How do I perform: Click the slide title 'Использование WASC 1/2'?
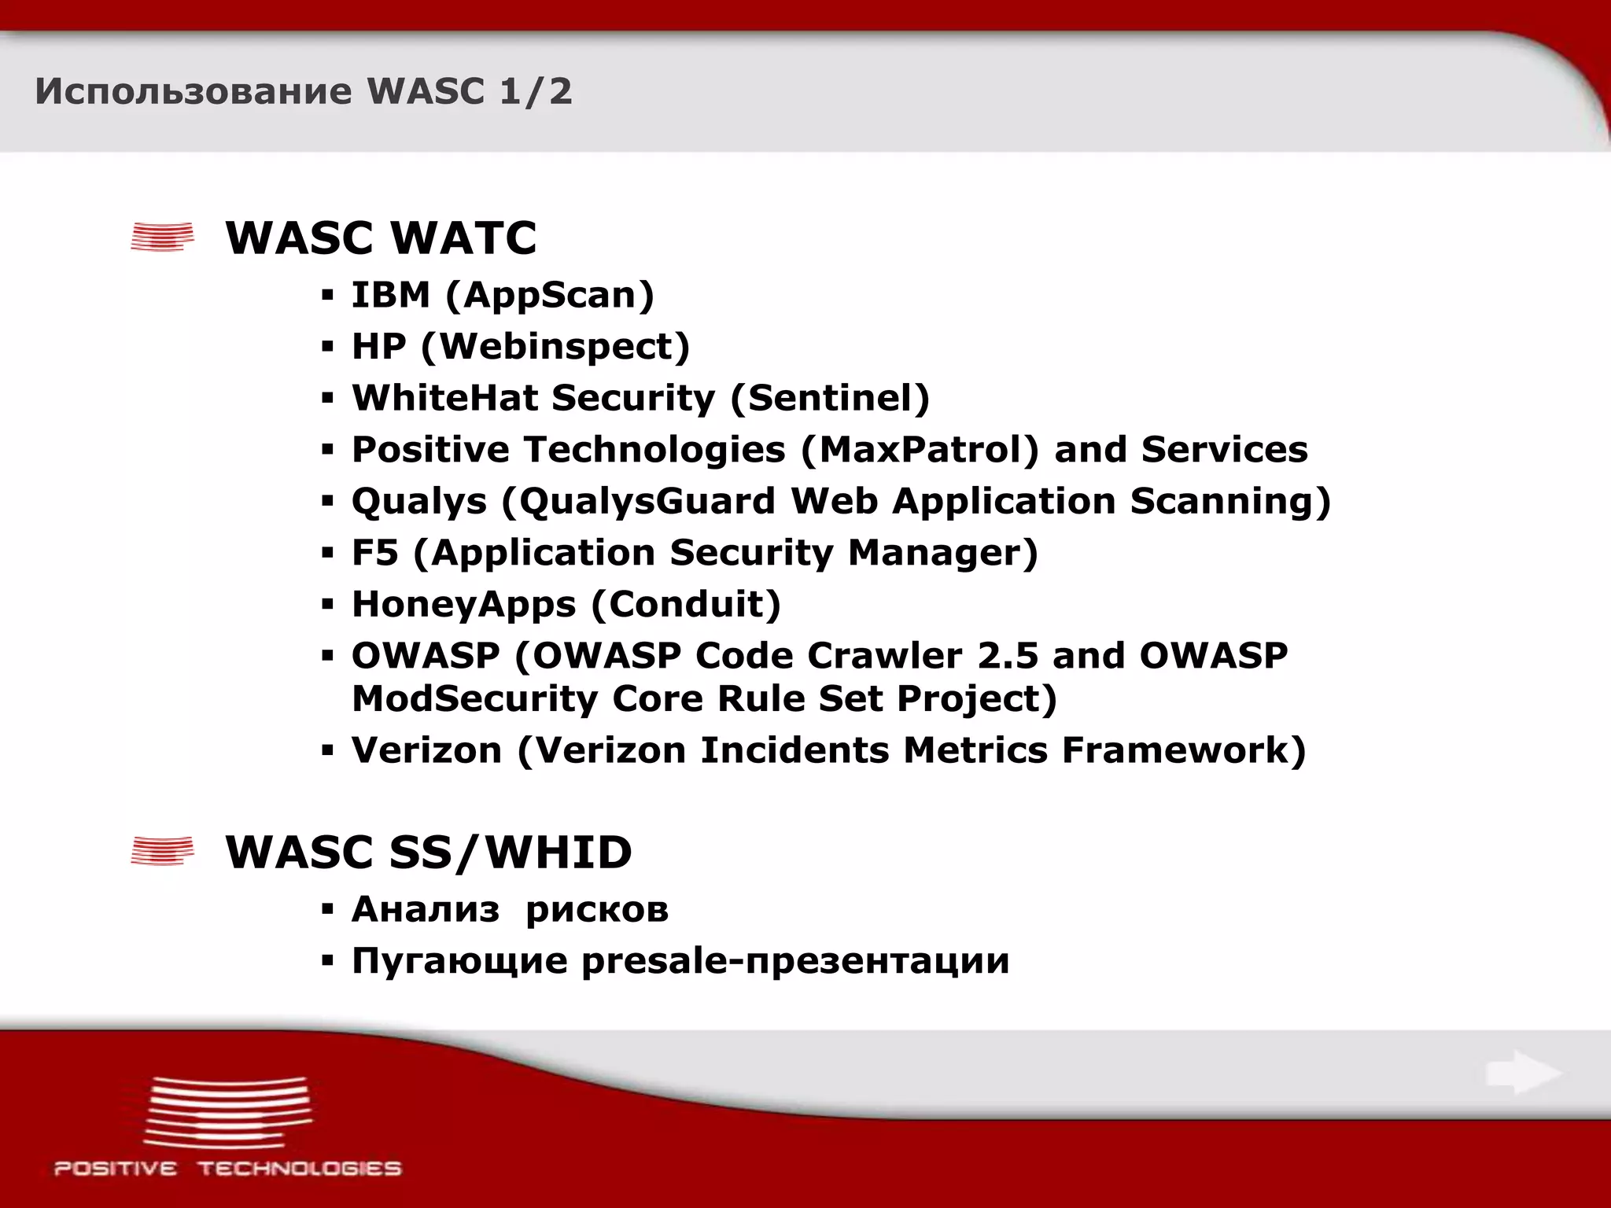304,91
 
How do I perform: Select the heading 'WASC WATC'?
381,238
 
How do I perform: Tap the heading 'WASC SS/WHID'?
429,852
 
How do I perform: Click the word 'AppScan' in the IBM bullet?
549,296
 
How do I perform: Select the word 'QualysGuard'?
647,502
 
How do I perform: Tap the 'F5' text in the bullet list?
374,553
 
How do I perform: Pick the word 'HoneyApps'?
463,605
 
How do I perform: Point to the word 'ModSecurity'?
474,699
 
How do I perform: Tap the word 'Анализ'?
425,910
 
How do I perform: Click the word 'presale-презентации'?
794,961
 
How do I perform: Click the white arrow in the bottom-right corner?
1523,1073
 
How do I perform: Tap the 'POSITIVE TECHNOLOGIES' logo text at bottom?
227,1169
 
